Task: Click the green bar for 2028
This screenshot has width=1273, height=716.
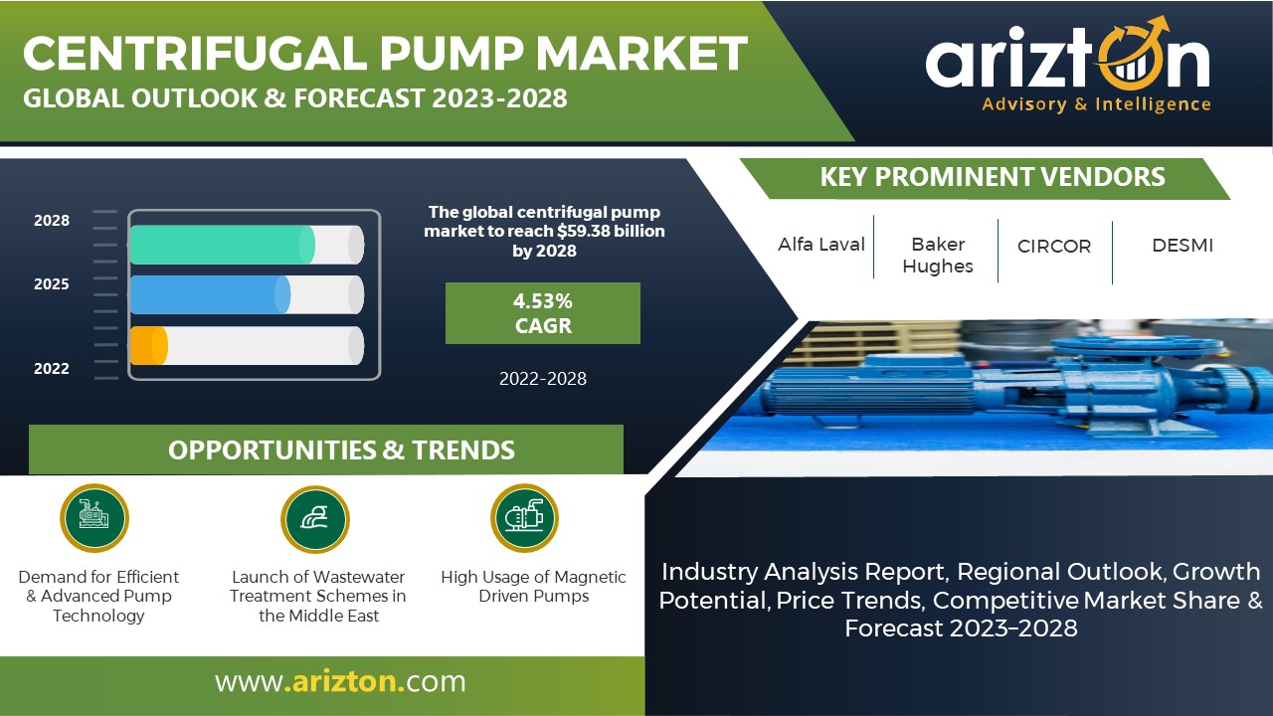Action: coord(222,245)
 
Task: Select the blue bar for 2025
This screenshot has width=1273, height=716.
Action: coord(210,294)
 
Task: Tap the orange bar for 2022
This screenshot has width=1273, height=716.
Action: coord(149,345)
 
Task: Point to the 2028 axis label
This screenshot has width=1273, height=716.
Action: coord(51,221)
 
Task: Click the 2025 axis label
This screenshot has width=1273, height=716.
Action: coord(51,284)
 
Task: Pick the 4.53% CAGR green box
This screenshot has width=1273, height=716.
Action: coord(543,313)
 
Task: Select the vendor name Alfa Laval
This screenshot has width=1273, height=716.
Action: coord(821,245)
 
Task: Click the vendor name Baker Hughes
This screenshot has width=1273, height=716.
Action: coord(938,256)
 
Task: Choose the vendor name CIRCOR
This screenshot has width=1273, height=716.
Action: coord(1054,246)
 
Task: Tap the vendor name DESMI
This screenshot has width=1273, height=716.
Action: coord(1182,246)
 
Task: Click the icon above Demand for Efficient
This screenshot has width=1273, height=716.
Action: coord(94,518)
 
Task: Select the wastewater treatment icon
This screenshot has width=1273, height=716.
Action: coord(315,519)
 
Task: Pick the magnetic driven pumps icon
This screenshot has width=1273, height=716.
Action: coord(524,518)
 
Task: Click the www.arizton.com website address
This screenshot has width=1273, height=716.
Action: coord(340,681)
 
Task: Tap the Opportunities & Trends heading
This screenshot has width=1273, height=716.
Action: coord(341,450)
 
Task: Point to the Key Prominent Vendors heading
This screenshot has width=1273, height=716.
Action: coord(993,177)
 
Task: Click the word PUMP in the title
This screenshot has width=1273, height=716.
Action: coord(452,53)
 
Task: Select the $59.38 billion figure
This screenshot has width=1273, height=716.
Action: coord(611,231)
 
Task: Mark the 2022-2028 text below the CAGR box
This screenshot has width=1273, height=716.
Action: coord(543,379)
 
